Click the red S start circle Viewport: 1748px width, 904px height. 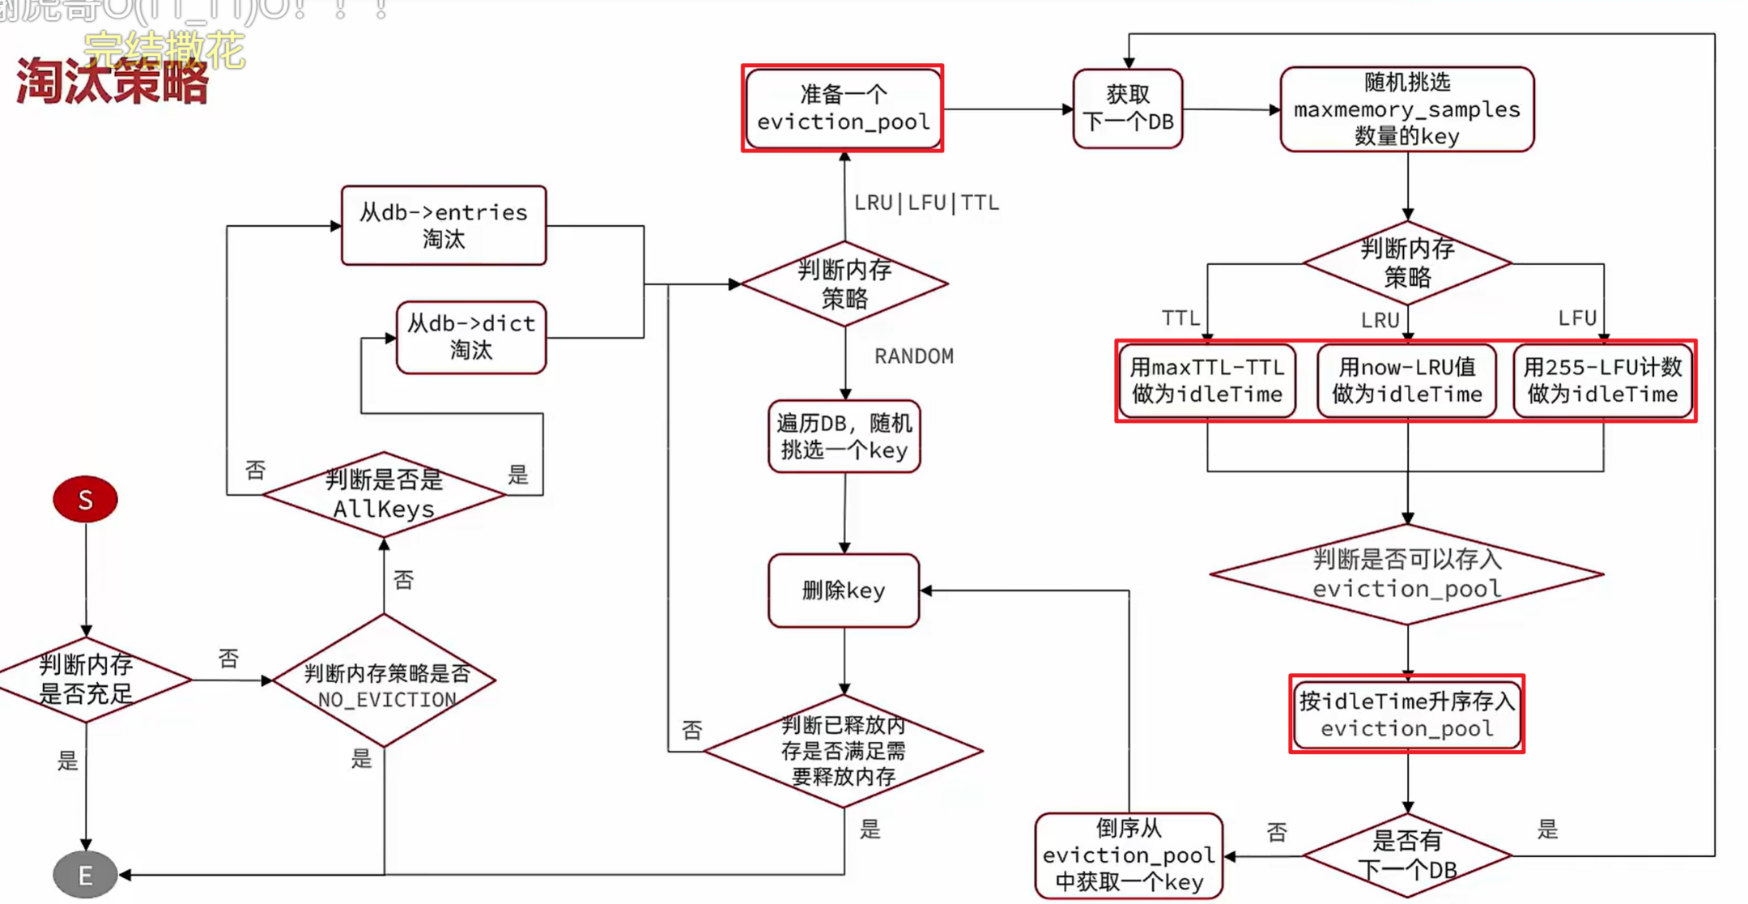(x=85, y=499)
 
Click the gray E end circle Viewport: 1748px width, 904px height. (x=85, y=875)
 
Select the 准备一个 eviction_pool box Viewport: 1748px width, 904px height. (x=843, y=109)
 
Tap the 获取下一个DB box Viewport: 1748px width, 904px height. (x=1128, y=109)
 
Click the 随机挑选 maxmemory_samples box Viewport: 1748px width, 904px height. (x=1407, y=109)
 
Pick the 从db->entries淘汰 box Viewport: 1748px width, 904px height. (x=444, y=225)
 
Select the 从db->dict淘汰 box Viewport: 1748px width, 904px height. (x=471, y=337)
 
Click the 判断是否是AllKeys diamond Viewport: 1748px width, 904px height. (x=384, y=494)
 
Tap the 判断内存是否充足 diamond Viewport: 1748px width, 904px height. (x=87, y=679)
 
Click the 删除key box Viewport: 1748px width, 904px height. (x=844, y=591)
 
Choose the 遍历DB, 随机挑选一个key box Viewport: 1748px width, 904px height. (x=844, y=437)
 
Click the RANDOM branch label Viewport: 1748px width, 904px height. (x=914, y=356)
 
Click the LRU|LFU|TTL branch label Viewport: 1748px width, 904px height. (x=926, y=203)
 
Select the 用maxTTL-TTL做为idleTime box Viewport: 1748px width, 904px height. (x=1206, y=381)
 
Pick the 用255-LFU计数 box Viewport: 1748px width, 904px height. (x=1602, y=381)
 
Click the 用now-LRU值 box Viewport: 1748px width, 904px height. (x=1406, y=381)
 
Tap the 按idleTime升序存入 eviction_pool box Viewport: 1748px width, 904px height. (x=1406, y=714)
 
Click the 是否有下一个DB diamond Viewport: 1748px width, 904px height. (x=1407, y=855)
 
